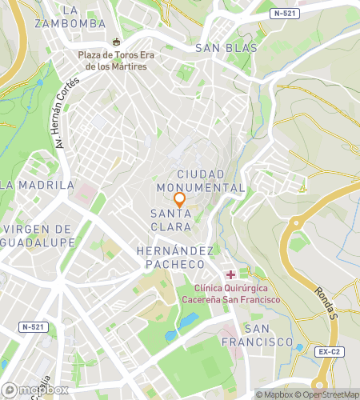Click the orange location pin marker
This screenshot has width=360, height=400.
pyautogui.click(x=180, y=200)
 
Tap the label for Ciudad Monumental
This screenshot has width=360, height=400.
pyautogui.click(x=210, y=180)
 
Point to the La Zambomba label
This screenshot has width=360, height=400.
pyautogui.click(x=70, y=16)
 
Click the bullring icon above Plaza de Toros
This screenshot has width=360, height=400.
pyautogui.click(x=117, y=41)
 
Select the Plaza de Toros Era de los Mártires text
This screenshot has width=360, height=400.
pyautogui.click(x=112, y=60)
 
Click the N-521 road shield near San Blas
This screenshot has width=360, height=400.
pyautogui.click(x=286, y=14)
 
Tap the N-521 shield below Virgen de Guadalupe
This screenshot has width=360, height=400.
pyautogui.click(x=32, y=327)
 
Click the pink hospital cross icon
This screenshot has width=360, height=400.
pyautogui.click(x=231, y=274)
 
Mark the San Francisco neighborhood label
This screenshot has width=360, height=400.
pyautogui.click(x=269, y=335)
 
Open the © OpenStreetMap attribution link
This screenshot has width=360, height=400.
pyautogui.click(x=328, y=394)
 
